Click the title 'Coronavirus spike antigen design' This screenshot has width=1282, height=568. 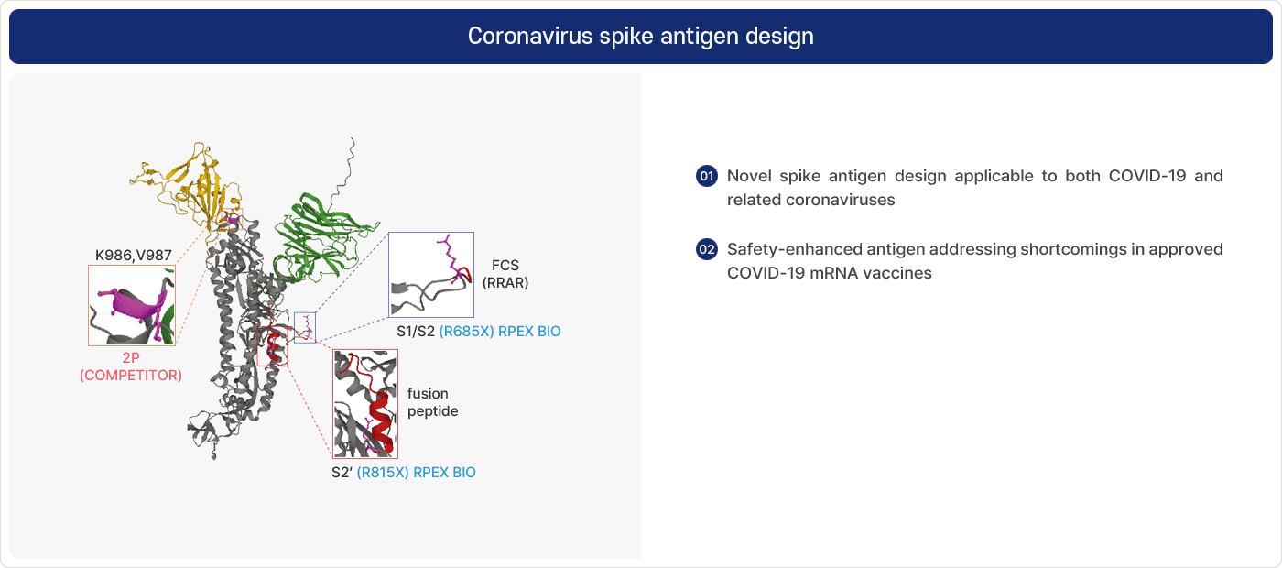click(x=640, y=36)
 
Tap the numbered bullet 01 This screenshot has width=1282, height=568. click(x=707, y=176)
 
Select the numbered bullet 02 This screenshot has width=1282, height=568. click(x=707, y=249)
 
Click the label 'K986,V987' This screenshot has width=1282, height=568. click(x=134, y=256)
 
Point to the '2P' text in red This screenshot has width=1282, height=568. click(x=131, y=358)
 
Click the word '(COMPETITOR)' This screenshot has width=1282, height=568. click(x=131, y=376)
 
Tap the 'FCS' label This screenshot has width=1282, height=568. click(x=505, y=266)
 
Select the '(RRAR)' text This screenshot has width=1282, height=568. click(x=505, y=283)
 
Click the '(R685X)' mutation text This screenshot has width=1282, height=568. click(x=466, y=332)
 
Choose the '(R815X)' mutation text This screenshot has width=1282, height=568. click(x=383, y=473)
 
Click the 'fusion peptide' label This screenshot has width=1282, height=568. click(x=432, y=402)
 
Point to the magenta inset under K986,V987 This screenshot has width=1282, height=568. click(x=132, y=305)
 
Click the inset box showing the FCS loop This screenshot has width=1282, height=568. click(x=431, y=275)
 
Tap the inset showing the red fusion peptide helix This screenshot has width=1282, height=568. click(x=365, y=404)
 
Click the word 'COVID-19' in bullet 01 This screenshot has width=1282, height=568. click(x=1146, y=176)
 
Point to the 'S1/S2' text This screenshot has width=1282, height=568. click(x=416, y=332)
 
